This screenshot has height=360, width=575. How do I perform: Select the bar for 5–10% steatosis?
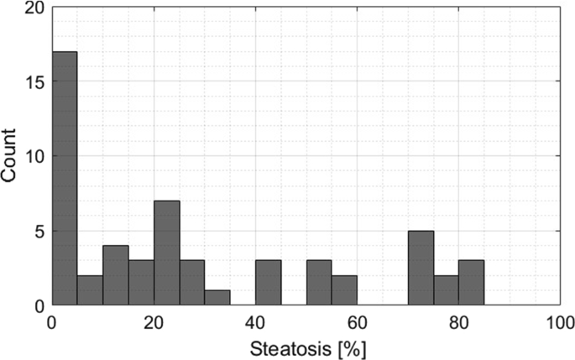pos(90,291)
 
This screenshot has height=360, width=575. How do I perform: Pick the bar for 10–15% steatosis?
pos(115,276)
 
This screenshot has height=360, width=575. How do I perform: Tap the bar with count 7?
pos(166,253)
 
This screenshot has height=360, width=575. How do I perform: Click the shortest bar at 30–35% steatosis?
pos(217,299)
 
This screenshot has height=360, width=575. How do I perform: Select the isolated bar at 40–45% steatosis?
pos(268,284)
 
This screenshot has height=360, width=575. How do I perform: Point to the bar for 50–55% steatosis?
pos(318,284)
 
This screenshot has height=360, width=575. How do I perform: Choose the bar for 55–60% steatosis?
pos(344,291)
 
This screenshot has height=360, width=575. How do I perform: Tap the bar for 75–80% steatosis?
pos(446,291)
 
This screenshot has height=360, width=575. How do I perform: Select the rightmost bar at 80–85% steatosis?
pos(471,284)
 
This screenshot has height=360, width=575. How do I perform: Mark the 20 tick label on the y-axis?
pos(34,8)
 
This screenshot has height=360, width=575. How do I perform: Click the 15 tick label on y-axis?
pos(34,81)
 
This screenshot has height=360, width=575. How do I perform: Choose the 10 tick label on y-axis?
pos(34,156)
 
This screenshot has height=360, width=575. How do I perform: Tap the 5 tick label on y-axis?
pos(39,231)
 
